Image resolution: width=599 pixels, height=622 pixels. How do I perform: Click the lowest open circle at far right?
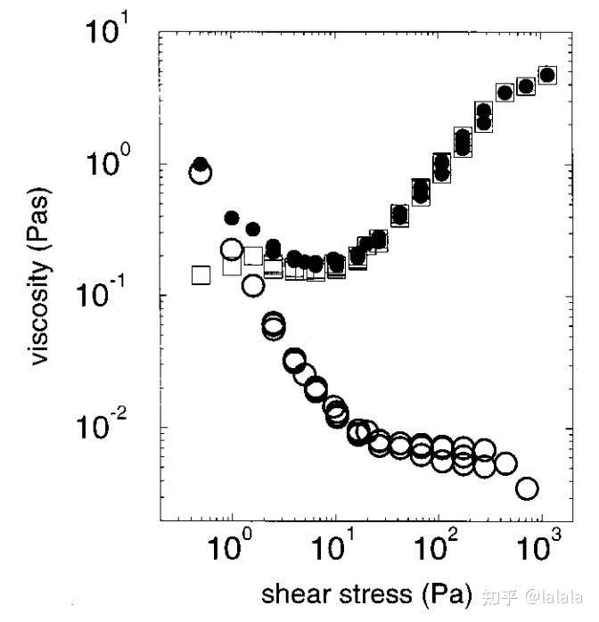(x=527, y=488)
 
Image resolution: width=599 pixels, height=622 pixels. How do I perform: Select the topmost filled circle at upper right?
(x=547, y=75)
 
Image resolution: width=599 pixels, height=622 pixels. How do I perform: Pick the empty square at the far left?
(x=201, y=274)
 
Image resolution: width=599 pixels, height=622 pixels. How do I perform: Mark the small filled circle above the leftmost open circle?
(x=201, y=163)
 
